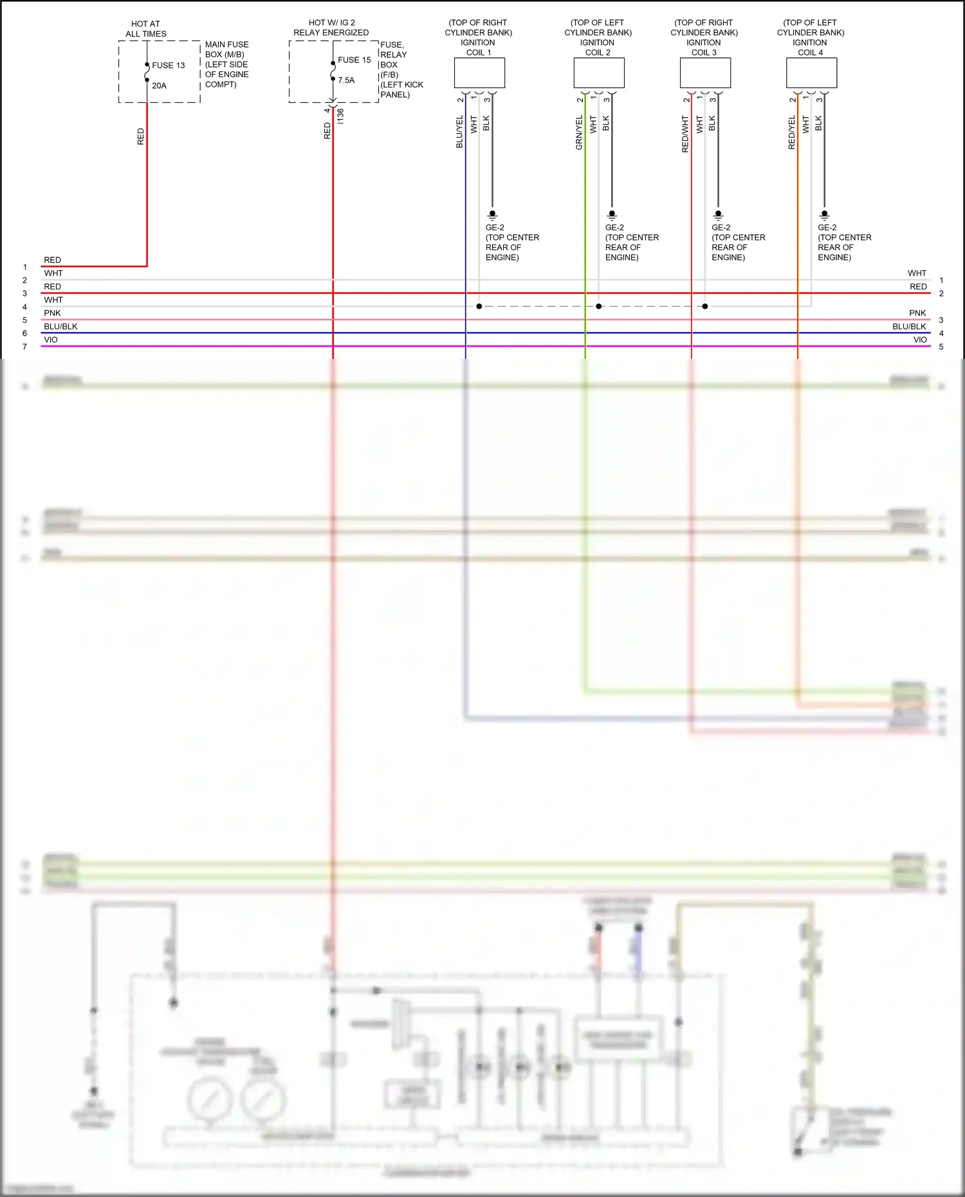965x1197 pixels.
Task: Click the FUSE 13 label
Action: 168,65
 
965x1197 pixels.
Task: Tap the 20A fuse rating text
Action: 159,86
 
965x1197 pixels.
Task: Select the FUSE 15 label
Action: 354,60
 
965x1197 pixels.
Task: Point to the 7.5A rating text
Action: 346,80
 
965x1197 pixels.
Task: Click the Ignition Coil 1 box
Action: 479,73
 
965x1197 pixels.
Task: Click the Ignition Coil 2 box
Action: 598,73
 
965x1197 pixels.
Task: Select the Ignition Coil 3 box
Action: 705,73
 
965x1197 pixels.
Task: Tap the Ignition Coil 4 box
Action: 811,73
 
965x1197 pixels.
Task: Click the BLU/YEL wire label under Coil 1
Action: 459,132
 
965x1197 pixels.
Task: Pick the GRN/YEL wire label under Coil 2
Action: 579,132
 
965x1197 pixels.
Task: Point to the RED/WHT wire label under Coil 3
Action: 685,134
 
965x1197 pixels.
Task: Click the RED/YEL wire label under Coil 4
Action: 791,132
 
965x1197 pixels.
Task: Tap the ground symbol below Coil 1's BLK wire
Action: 492,215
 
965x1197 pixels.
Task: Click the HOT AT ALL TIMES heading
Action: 146,29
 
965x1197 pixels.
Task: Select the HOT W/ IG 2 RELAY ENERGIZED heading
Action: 331,28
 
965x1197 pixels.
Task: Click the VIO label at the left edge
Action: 51,340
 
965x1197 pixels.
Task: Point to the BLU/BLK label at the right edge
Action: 908,326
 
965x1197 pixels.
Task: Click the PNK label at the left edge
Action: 52,313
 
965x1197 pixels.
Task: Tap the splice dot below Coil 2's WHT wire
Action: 599,306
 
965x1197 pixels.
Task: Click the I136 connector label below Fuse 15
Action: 340,116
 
